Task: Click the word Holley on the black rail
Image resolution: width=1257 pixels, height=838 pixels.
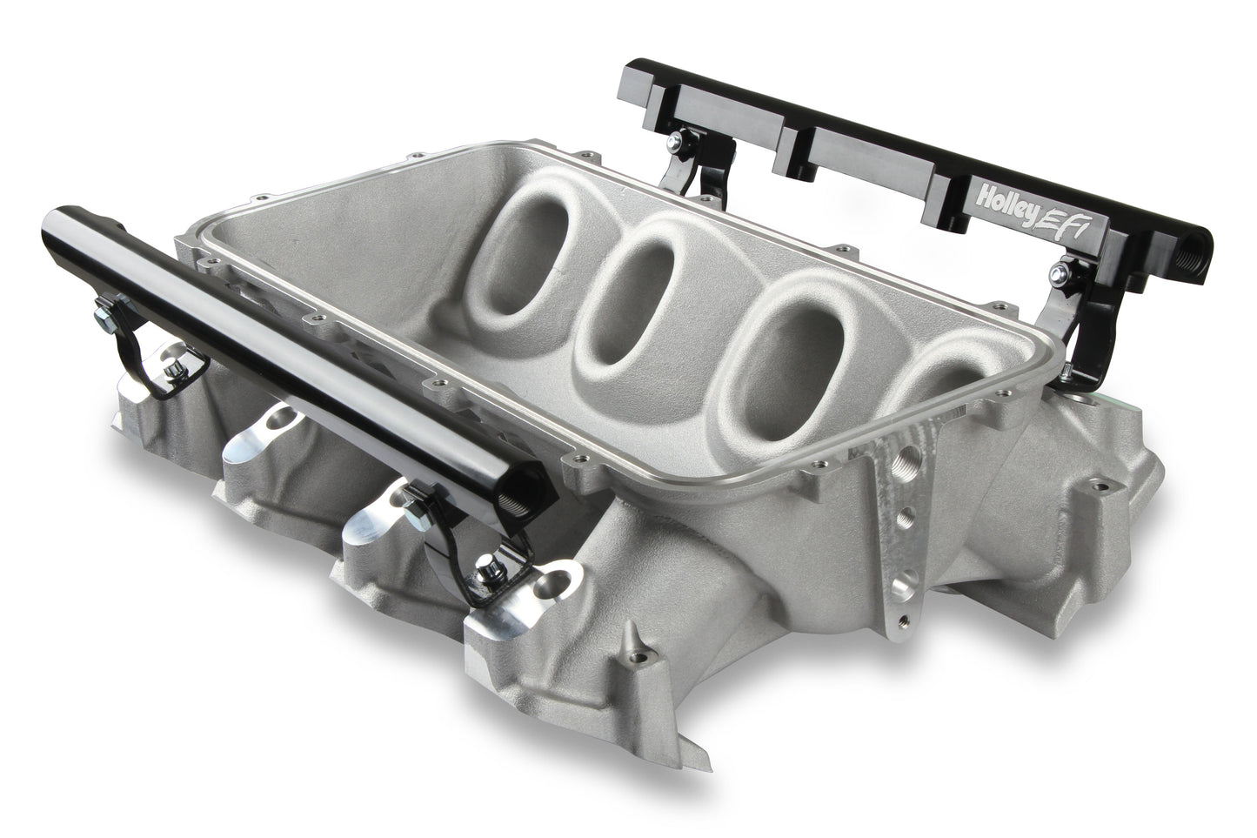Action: pos(1006,190)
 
